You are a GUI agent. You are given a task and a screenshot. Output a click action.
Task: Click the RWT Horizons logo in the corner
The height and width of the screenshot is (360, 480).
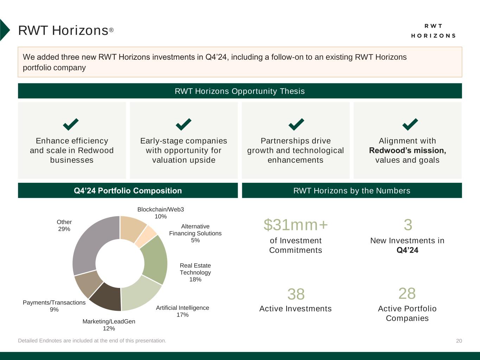coord(433,31)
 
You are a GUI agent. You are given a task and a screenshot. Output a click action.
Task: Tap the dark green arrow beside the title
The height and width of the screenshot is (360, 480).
coord(4,30)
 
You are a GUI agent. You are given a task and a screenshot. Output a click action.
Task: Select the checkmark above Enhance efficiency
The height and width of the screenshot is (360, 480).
coord(71,124)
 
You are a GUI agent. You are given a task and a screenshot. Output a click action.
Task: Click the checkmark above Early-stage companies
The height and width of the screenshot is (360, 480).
coord(184,124)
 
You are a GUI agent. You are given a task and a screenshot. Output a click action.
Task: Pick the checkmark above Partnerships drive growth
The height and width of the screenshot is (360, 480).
coord(296,124)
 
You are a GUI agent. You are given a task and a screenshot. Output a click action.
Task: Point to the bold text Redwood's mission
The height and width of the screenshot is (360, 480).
coord(408,150)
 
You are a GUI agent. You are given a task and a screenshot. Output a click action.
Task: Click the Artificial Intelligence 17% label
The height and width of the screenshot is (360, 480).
coord(183,311)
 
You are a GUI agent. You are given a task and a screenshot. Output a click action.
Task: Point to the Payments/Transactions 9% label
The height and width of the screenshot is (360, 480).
coord(54,306)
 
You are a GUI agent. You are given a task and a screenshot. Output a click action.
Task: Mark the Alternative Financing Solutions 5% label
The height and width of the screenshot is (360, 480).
coord(195,233)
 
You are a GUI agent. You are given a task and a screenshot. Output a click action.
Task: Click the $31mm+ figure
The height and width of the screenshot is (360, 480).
coord(296,225)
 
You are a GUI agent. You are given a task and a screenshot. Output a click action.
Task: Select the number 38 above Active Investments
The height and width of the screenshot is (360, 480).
coord(296,294)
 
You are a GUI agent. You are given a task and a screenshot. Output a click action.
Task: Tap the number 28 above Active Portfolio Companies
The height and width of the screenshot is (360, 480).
coord(407,293)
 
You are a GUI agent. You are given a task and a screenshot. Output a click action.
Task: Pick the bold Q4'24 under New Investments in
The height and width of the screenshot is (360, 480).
coord(408,250)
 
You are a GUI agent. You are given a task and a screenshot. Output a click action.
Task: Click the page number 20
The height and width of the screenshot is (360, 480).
coord(459,341)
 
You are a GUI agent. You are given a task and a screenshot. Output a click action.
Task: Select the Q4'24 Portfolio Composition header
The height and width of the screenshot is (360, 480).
coord(128,191)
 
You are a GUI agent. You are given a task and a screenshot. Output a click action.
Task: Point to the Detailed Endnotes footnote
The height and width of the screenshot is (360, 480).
coord(92,341)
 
